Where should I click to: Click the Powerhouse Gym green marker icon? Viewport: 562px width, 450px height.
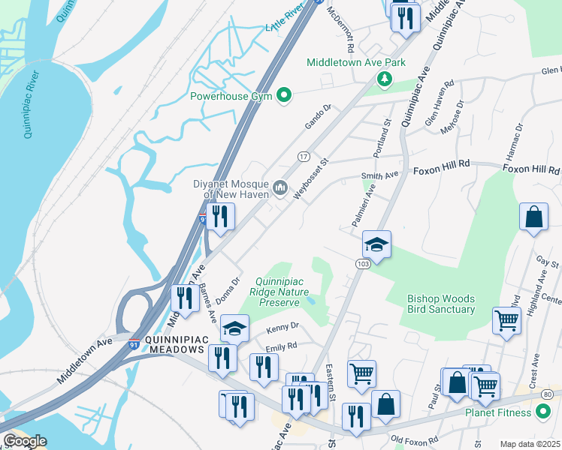[x=284, y=95]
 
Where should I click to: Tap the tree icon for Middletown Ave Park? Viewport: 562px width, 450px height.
[x=385, y=79]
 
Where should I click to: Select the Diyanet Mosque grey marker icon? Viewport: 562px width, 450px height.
[x=280, y=186]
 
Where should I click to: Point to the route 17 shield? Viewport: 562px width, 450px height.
[x=304, y=156]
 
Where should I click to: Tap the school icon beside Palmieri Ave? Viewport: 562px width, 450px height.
[x=376, y=244]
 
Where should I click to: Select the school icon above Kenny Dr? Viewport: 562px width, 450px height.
[x=234, y=328]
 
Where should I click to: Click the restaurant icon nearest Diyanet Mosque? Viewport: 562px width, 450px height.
[x=220, y=217]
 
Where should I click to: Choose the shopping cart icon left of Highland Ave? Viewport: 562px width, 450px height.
[x=506, y=320]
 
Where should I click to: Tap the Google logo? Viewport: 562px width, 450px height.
[x=24, y=441]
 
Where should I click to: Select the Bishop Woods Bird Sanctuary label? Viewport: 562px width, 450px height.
[x=441, y=303]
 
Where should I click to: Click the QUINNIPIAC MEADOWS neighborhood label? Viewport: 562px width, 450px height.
[x=166, y=344]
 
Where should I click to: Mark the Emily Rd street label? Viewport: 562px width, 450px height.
[x=281, y=346]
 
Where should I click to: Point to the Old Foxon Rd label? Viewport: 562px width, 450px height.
[x=414, y=441]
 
